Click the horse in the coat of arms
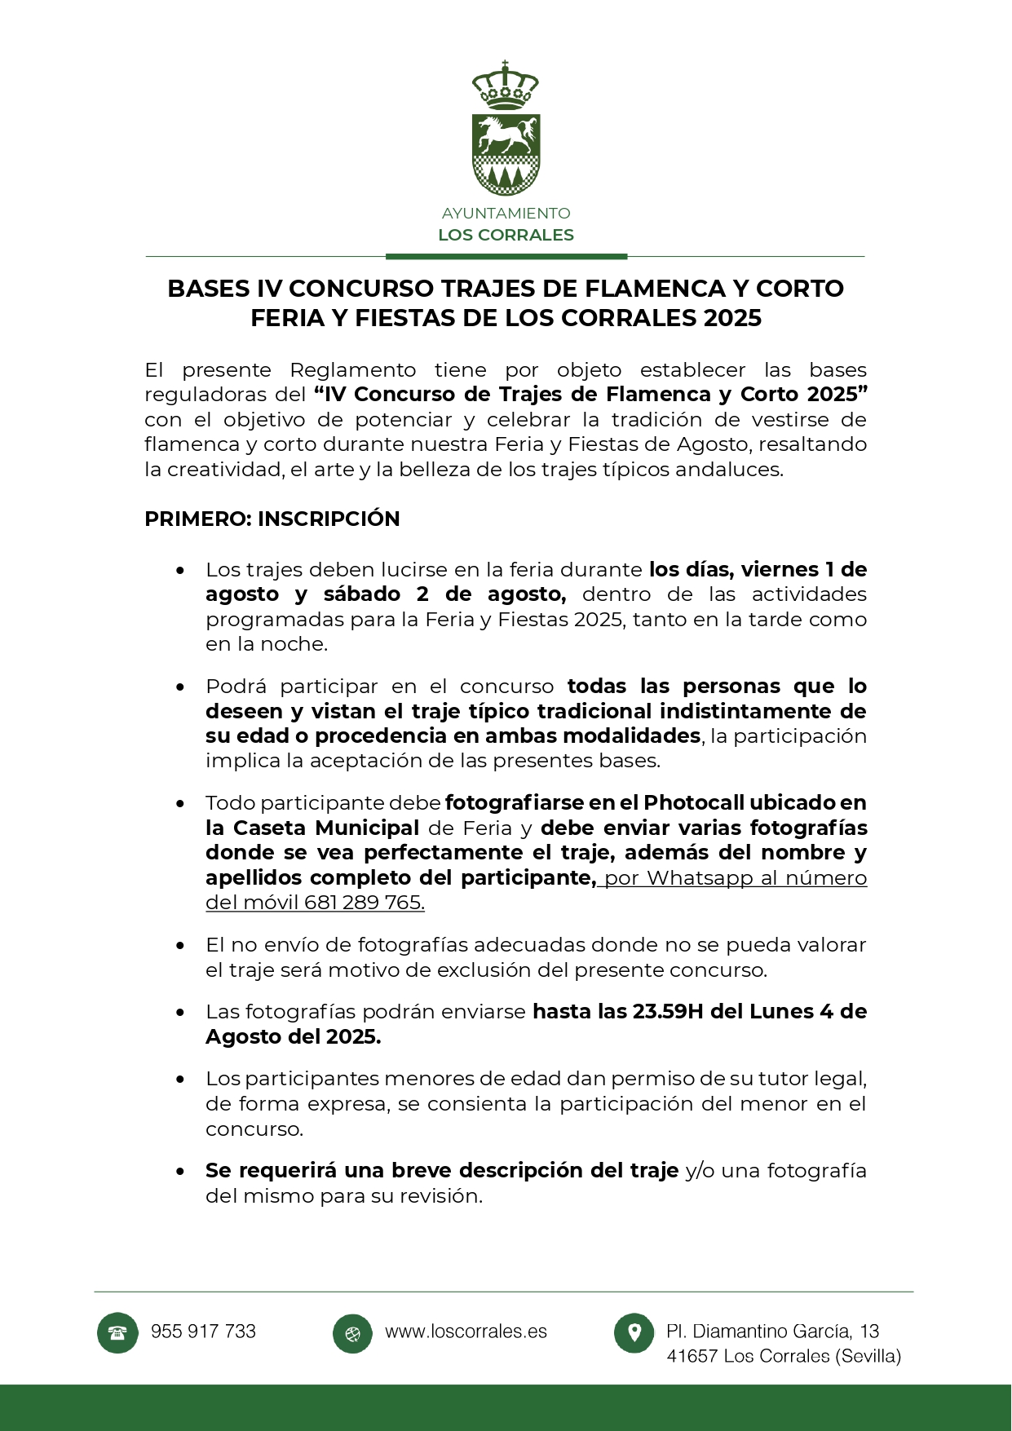coord(506,135)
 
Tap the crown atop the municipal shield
coord(506,86)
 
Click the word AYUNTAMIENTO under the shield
coord(506,214)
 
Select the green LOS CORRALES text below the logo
coord(506,235)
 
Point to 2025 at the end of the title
coord(732,318)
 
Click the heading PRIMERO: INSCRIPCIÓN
coord(272,519)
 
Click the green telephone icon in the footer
coord(117,1333)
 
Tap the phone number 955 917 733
coord(203,1332)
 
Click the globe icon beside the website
coord(352,1334)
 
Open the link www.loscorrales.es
coord(466,1332)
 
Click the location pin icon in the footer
coord(634,1333)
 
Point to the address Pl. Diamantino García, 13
coord(772,1332)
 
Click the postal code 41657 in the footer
coord(692,1357)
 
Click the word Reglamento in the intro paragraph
coord(352,370)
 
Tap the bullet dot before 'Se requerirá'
coord(180,1172)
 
